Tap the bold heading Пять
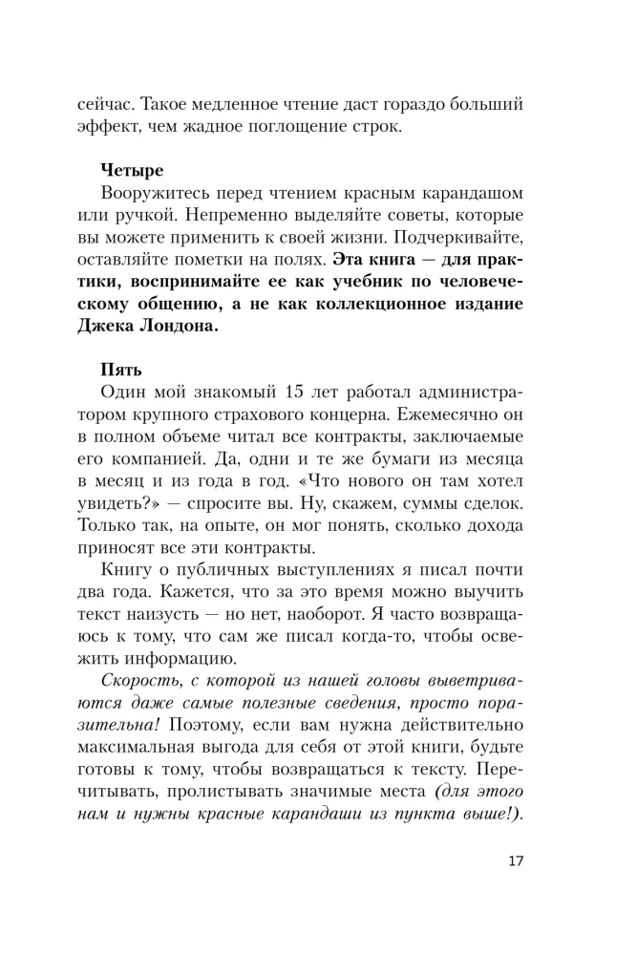[120, 368]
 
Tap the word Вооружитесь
[159, 195]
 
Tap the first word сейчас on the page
[108, 100]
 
